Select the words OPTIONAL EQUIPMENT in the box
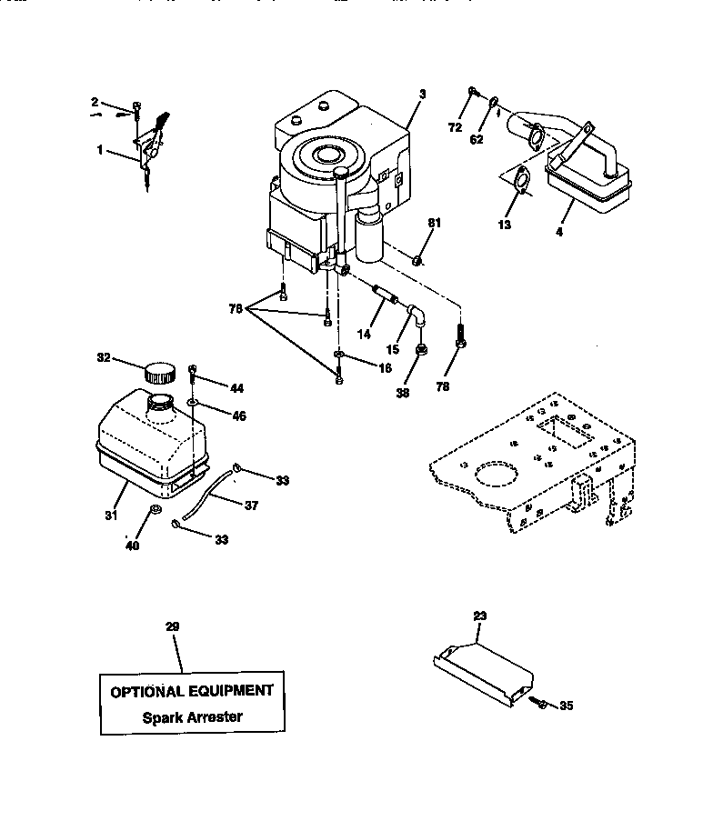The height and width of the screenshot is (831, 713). click(x=191, y=691)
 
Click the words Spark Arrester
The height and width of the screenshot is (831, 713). click(x=192, y=716)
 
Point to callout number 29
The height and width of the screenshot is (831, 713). click(x=173, y=627)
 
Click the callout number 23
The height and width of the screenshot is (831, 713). click(x=480, y=616)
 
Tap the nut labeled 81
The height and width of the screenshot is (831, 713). click(x=417, y=262)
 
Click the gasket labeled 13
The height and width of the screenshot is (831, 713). click(x=521, y=181)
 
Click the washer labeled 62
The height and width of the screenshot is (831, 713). click(x=494, y=102)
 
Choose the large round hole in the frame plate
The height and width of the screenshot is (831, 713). click(x=492, y=474)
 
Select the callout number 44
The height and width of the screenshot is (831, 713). click(x=236, y=388)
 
